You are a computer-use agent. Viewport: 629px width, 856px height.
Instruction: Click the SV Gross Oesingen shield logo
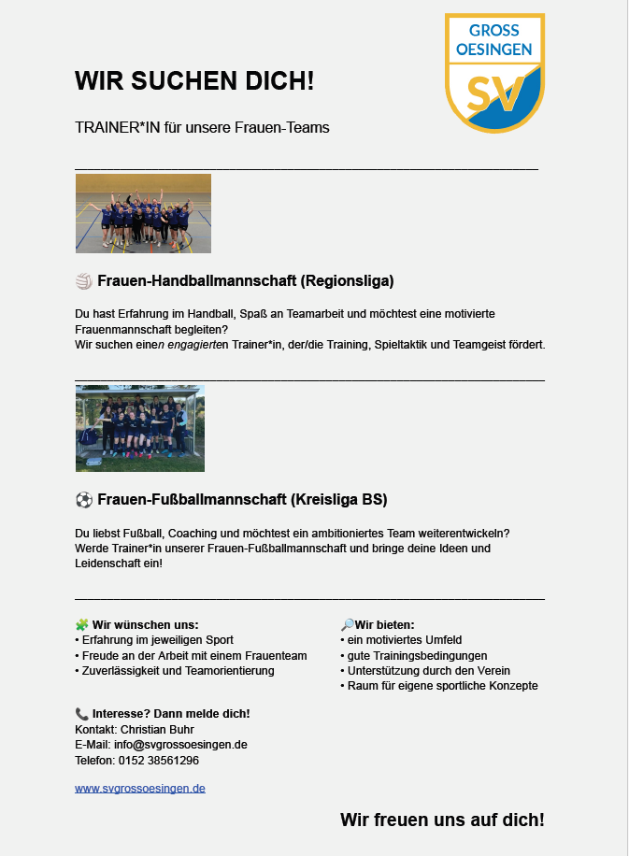(493, 73)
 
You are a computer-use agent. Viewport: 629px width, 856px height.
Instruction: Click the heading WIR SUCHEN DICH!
(194, 81)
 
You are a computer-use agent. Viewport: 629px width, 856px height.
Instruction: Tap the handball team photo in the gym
(143, 213)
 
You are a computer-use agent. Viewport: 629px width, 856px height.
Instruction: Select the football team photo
(140, 428)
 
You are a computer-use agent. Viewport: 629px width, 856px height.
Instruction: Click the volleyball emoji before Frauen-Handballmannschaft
(82, 280)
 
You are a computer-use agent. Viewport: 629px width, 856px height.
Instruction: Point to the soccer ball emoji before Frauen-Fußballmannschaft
(82, 499)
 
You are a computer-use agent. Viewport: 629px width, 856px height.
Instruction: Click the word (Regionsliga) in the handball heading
(348, 280)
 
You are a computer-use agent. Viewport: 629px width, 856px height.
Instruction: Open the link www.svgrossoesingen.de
(140, 788)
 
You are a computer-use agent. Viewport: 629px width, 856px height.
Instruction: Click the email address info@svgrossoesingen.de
(180, 745)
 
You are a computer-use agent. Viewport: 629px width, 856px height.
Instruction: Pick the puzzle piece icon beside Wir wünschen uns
(81, 624)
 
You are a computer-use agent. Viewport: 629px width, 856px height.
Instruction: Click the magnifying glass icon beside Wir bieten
(347, 624)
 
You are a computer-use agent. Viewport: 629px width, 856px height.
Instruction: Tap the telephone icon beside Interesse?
(81, 713)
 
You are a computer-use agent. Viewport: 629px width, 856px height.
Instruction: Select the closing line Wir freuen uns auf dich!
(442, 820)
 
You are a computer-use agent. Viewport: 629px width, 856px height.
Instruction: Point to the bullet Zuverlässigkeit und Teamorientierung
(178, 670)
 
